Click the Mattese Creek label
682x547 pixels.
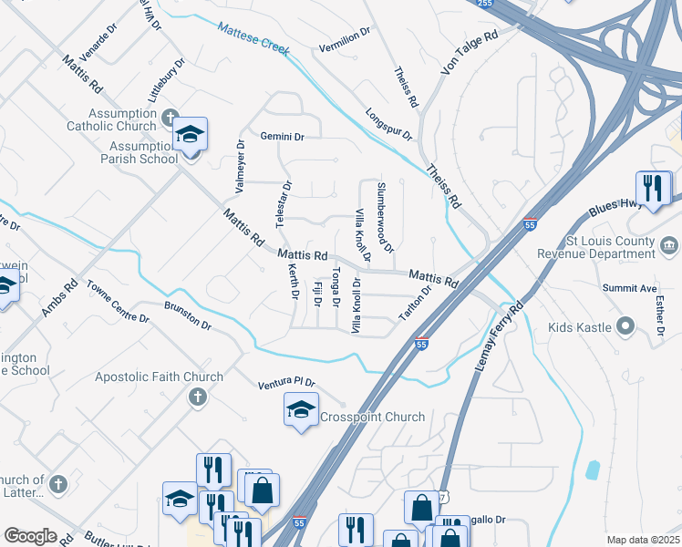coord(253,39)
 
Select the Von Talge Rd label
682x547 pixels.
coord(470,52)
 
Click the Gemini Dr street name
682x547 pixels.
coord(282,136)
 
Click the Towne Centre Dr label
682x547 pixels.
coord(118,302)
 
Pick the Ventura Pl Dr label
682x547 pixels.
coord(285,383)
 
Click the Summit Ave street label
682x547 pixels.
coord(629,288)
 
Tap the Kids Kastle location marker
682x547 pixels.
coord(625,325)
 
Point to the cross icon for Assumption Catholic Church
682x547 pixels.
coord(170,118)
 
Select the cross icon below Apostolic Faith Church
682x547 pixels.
coord(196,397)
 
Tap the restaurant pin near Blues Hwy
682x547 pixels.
coord(654,189)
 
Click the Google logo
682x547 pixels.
coord(30,536)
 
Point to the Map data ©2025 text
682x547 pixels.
coord(642,540)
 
